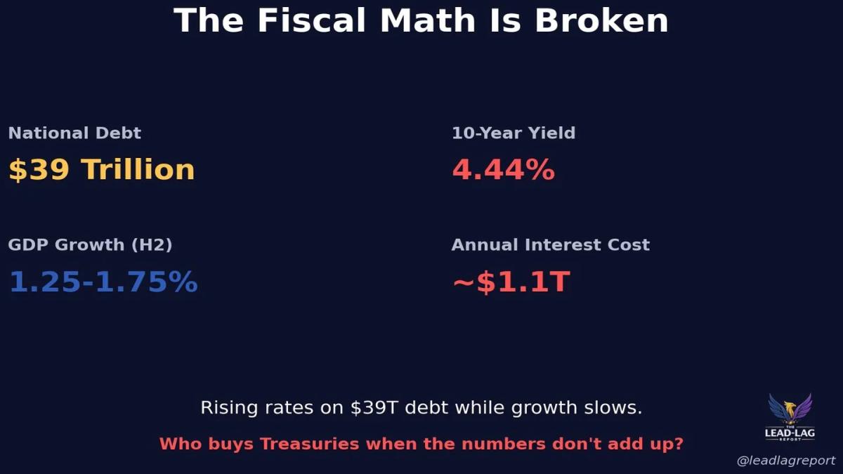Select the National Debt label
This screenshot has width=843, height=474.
(x=74, y=133)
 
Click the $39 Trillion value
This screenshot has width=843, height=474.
(x=101, y=170)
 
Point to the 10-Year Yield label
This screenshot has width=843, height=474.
(x=514, y=133)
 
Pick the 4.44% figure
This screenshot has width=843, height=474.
(x=503, y=170)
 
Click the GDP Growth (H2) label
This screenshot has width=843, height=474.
(x=90, y=245)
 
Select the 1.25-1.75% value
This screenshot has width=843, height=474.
(x=103, y=282)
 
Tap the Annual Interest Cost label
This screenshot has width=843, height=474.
(x=550, y=245)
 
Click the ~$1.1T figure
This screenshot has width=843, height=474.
(x=511, y=282)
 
